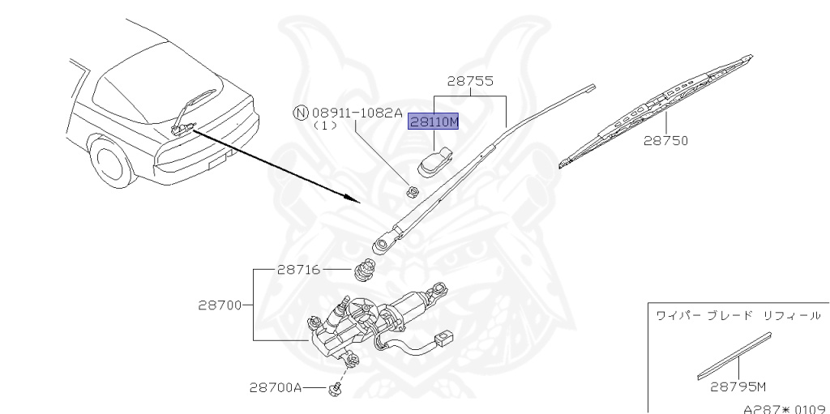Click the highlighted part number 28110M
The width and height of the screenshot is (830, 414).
pos(434,122)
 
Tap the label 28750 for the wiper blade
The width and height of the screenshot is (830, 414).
pos(665,140)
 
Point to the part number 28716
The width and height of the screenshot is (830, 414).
pos(299,270)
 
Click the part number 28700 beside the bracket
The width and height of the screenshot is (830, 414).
pos(220,305)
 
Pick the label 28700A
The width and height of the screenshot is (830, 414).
pos(276,388)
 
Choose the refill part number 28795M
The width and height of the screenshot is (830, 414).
pos(738,387)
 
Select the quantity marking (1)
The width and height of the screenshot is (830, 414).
pos(325,126)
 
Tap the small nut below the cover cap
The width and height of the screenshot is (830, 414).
pos(412,191)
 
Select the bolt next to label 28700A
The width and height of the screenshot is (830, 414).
pos(333,391)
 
